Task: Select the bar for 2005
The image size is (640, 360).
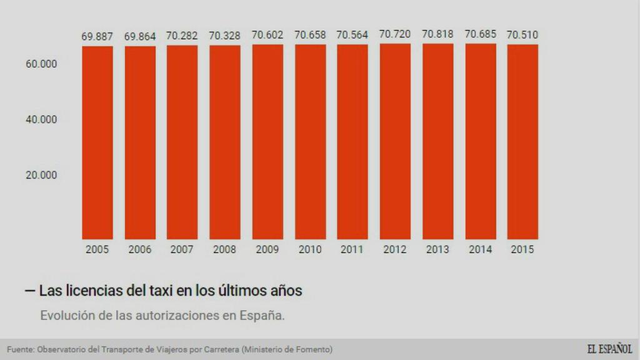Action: point(97,142)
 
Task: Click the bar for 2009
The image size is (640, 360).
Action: point(267,142)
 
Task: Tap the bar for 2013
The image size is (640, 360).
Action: point(437,141)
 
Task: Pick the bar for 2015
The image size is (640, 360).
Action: point(522,142)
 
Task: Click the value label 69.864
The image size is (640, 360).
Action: point(139,36)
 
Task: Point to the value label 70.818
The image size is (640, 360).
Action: point(437,34)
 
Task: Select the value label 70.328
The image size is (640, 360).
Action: point(224,36)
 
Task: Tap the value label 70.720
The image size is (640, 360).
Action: point(395,34)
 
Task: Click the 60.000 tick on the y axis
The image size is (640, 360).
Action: point(41,64)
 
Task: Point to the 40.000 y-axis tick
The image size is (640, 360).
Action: point(41,119)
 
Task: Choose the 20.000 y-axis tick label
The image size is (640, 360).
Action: point(41,175)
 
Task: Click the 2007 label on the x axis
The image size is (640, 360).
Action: point(182,249)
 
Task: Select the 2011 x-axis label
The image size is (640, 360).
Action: point(352,249)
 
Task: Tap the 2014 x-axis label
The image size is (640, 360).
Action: point(480,249)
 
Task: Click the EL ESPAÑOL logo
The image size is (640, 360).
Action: point(609,349)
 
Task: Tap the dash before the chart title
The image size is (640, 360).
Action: point(29,291)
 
